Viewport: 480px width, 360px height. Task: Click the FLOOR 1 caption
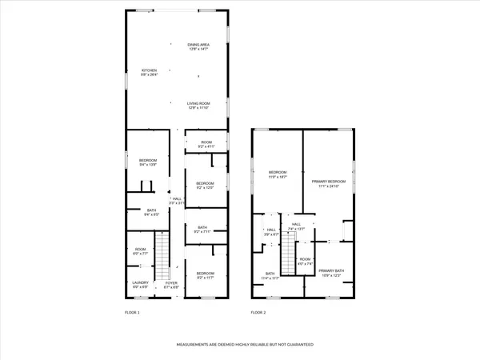coord(132,312)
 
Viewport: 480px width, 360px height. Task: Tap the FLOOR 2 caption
coord(258,312)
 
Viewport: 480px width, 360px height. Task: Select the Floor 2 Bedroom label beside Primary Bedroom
coord(278,174)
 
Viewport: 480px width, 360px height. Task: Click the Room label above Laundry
coord(140,250)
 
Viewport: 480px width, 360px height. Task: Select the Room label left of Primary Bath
coord(305,261)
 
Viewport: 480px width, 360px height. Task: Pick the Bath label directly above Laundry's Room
coord(140,213)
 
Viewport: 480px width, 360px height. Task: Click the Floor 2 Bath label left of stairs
coord(270,276)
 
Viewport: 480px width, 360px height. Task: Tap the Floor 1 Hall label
coord(177,202)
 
